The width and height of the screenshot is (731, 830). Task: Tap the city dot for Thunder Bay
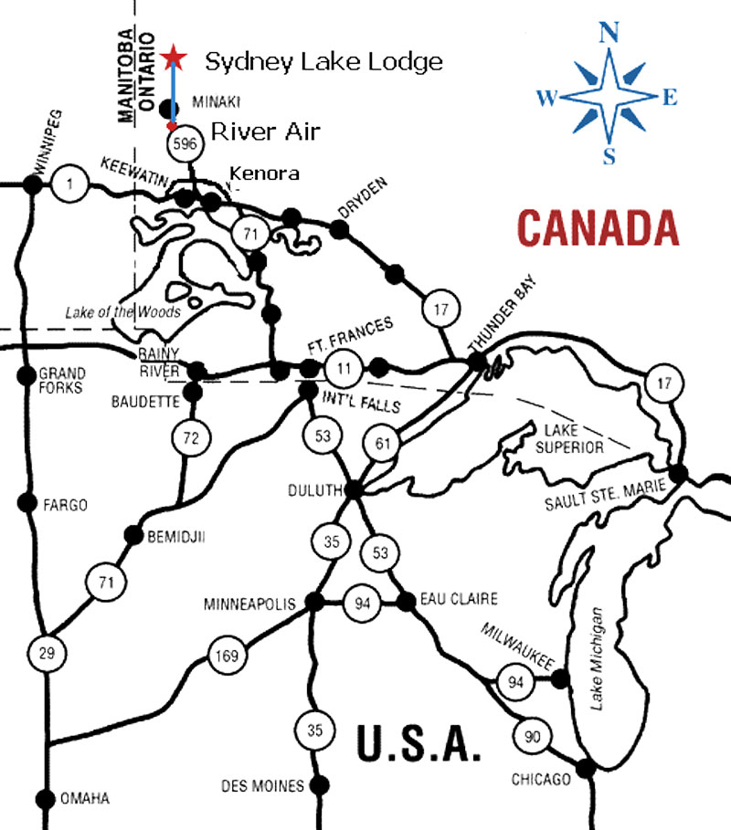point(477,362)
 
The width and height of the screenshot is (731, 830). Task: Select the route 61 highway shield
point(383,445)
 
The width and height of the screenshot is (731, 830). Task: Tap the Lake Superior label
point(573,438)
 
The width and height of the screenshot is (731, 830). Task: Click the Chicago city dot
point(586,769)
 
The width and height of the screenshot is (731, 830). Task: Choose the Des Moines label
point(263,786)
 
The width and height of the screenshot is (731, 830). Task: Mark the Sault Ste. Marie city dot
point(678,473)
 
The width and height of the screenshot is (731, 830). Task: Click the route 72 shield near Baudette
point(191,439)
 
